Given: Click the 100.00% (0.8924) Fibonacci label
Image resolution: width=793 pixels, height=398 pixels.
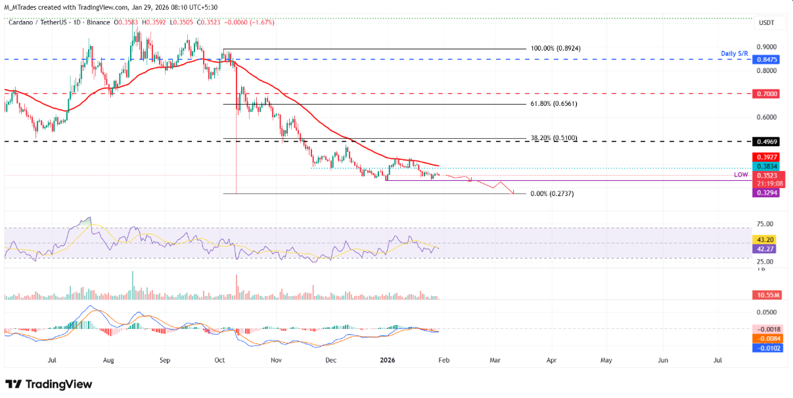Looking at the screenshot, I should click(x=556, y=49).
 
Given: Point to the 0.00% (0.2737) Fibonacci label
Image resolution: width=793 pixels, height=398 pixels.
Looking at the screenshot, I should click(x=547, y=194).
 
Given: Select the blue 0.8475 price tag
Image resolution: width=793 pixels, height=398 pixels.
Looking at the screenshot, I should click(x=768, y=59).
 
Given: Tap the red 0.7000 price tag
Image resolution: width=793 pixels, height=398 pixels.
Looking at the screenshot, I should click(x=768, y=94).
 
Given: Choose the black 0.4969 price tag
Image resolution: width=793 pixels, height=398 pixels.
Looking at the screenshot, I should click(x=768, y=141).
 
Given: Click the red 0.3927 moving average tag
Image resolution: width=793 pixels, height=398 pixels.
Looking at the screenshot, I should click(x=768, y=157).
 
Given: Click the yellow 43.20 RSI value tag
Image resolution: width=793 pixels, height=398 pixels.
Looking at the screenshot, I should click(x=765, y=239).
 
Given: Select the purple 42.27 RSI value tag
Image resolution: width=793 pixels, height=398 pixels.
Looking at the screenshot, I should click(x=765, y=249).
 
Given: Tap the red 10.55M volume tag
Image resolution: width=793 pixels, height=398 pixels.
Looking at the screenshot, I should click(x=767, y=294).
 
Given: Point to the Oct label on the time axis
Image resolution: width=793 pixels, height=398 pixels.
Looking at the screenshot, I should click(x=220, y=361).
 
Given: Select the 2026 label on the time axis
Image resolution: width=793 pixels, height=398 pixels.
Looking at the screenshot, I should click(x=387, y=361).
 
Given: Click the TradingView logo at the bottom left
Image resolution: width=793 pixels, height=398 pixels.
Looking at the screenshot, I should click(x=49, y=384).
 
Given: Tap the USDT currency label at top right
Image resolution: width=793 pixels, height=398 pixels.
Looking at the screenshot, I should click(x=767, y=23).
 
